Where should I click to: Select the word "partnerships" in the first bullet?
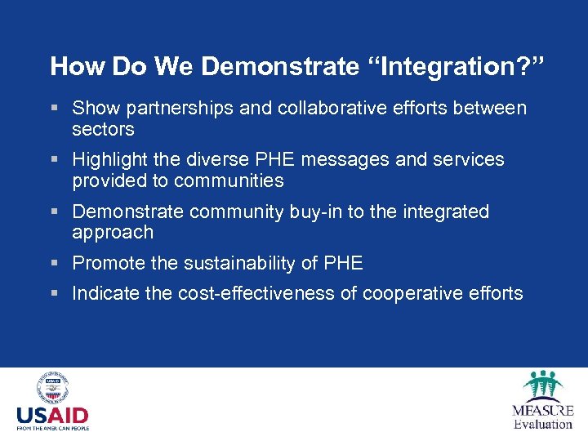165,109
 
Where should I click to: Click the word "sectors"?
103,130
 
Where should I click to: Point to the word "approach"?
113,233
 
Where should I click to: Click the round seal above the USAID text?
52,389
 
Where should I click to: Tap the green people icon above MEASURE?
542,384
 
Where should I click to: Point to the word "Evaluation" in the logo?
543,424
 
